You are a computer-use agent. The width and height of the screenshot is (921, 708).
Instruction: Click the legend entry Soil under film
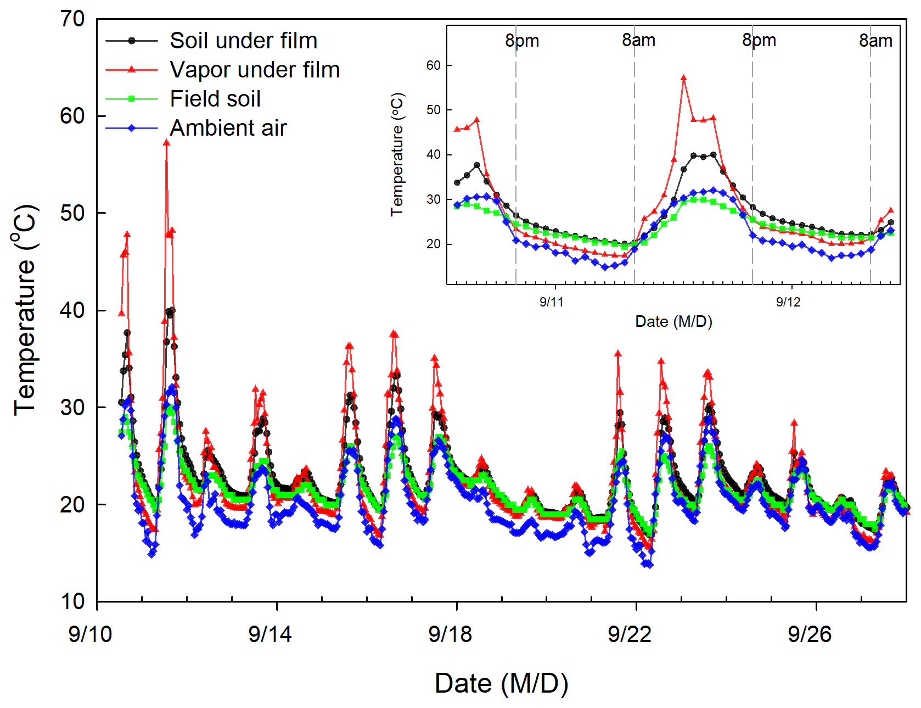pyautogui.click(x=243, y=41)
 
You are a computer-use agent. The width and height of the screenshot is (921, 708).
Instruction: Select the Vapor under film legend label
pyautogui.click(x=255, y=70)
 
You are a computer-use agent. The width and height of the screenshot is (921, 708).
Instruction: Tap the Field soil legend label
pyautogui.click(x=215, y=99)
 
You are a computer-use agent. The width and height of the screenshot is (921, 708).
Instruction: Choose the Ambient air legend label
pyautogui.click(x=228, y=128)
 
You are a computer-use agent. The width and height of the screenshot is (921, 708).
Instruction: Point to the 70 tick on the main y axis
pyautogui.click(x=72, y=19)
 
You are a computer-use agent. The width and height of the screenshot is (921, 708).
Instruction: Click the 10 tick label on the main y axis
pyautogui.click(x=72, y=601)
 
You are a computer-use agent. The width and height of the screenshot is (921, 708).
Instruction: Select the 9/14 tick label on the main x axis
pyautogui.click(x=269, y=634)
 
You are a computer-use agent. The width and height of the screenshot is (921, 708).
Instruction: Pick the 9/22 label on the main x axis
pyautogui.click(x=630, y=634)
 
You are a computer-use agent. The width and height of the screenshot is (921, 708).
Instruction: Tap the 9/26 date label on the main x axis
pyautogui.click(x=810, y=634)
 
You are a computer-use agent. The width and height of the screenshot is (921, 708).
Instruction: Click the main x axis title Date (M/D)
pyautogui.click(x=501, y=684)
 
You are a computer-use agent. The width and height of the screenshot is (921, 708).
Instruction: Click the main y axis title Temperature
pyautogui.click(x=25, y=310)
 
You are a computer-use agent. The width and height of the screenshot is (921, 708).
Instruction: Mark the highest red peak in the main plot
pyautogui.click(x=166, y=143)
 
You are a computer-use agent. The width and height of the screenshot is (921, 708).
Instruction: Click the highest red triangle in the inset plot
pyautogui.click(x=683, y=78)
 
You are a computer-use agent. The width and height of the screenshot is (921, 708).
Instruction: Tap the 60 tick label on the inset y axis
pyautogui.click(x=434, y=65)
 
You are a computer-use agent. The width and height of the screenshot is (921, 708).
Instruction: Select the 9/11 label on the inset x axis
pyautogui.click(x=552, y=302)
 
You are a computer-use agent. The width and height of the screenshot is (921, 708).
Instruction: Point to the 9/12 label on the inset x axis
pyautogui.click(x=788, y=302)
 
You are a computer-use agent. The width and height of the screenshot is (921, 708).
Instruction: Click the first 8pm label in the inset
pyautogui.click(x=522, y=41)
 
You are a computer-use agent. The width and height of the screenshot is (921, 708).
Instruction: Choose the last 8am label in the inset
pyautogui.click(x=875, y=41)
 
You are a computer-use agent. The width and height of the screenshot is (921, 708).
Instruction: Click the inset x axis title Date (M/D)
pyautogui.click(x=673, y=322)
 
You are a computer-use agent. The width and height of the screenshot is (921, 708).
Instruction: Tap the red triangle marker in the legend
pyautogui.click(x=132, y=70)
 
